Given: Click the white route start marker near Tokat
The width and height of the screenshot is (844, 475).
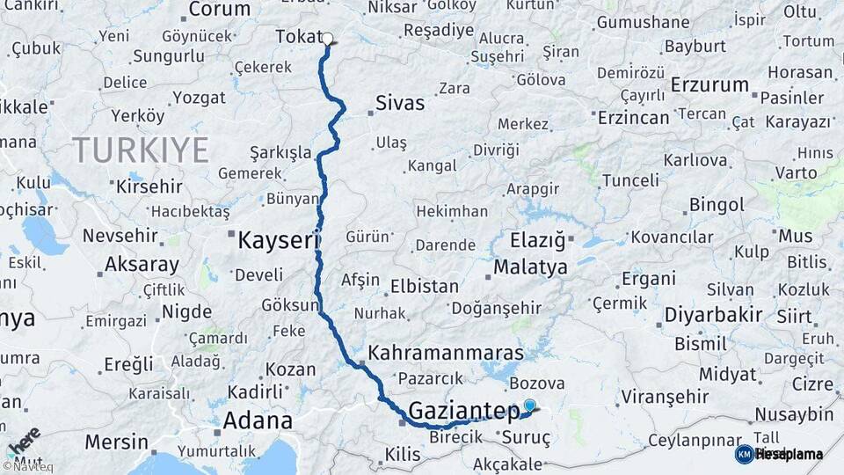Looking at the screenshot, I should click(x=327, y=39).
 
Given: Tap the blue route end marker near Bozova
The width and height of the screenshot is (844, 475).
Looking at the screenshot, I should click(x=529, y=406).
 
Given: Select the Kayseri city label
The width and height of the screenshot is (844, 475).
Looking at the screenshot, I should click(x=275, y=239).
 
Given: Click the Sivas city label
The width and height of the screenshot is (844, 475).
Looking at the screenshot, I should click(x=400, y=103).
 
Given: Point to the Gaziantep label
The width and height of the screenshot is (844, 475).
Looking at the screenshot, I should click(x=464, y=410).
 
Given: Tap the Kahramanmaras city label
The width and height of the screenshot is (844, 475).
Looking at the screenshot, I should click(x=446, y=352).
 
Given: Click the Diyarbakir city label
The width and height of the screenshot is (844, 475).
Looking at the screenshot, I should click(x=713, y=315).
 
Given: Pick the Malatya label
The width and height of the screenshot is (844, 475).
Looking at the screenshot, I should click(x=530, y=268).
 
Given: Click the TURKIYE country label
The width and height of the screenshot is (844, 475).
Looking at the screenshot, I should click(x=141, y=150).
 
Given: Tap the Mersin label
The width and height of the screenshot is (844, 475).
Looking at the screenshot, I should click(x=117, y=441).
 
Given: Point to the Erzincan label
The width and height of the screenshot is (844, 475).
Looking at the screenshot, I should click(x=633, y=117).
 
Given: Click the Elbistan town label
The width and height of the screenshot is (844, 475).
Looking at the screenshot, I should click(x=425, y=286).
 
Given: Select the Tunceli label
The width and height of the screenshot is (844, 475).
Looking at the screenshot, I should click(x=629, y=180).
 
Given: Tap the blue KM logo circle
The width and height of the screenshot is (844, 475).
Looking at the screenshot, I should click(x=744, y=454).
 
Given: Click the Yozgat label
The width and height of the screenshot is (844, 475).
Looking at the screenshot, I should click(x=199, y=98).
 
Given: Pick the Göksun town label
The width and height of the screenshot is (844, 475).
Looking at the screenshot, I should click(x=290, y=305).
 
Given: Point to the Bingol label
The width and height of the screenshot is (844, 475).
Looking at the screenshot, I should click(x=717, y=205).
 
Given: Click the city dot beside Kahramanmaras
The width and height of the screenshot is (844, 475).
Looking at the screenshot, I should click(x=361, y=362).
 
